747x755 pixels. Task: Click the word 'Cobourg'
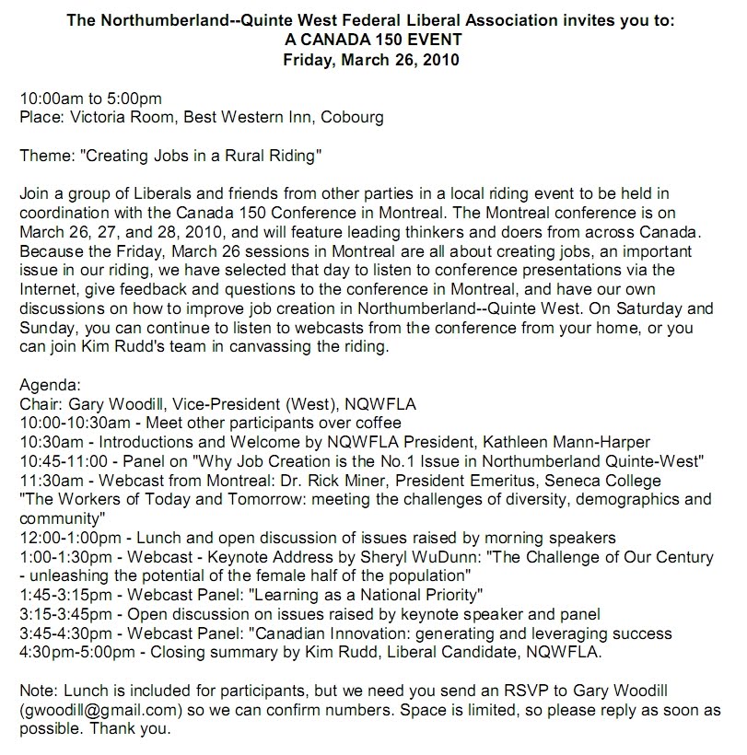(x=355, y=118)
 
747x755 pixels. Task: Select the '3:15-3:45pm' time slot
(x=59, y=614)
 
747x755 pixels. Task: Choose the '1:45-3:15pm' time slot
(x=59, y=595)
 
